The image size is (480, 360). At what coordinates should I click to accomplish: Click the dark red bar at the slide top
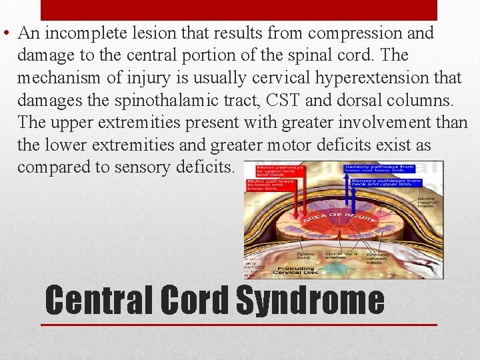239,10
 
